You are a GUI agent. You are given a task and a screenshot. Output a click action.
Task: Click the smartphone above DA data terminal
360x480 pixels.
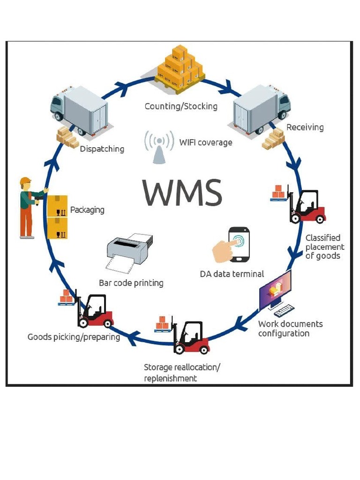(239, 244)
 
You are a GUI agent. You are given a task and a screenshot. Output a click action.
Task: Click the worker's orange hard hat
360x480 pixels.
(25, 181)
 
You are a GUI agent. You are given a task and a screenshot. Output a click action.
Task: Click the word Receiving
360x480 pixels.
(305, 127)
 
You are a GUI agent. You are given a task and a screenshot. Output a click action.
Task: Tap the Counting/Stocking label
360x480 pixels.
(181, 106)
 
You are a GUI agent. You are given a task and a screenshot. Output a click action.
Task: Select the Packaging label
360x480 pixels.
(87, 210)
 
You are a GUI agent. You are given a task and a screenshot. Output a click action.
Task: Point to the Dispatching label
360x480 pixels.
(102, 149)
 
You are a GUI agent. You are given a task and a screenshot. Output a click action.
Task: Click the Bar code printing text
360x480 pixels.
(131, 283)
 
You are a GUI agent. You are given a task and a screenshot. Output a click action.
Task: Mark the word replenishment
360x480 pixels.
(170, 378)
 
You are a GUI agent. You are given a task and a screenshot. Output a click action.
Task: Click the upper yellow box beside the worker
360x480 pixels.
(57, 205)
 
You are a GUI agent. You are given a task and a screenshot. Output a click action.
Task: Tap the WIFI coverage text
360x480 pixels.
(206, 142)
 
